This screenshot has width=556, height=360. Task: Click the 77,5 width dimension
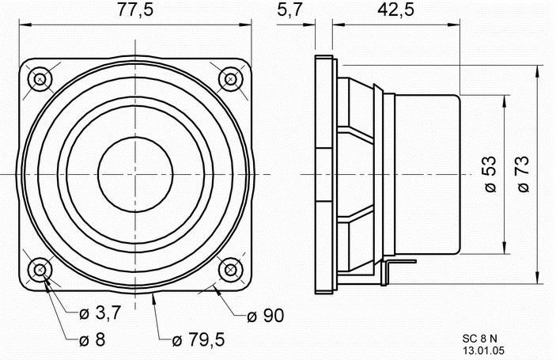[135, 9]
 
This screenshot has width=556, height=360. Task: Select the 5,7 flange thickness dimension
[289, 9]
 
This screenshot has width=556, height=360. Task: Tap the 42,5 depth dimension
[395, 9]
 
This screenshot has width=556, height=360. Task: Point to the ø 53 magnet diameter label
[490, 174]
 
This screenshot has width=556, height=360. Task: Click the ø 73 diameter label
[523, 174]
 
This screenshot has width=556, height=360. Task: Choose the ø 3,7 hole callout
[100, 313]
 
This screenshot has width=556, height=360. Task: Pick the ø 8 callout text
[93, 339]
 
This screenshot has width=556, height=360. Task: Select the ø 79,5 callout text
[199, 339]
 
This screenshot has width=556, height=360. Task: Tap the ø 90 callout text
[266, 316]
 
